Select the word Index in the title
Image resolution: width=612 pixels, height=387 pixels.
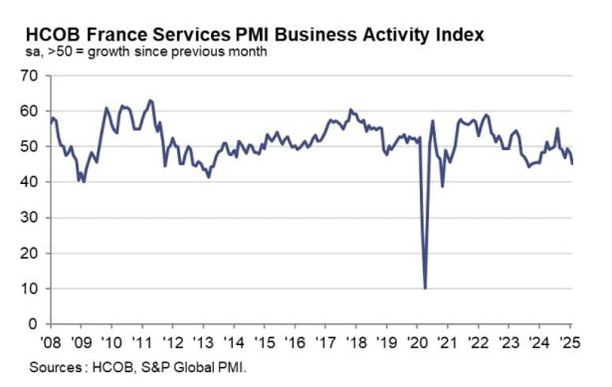pyautogui.click(x=459, y=36)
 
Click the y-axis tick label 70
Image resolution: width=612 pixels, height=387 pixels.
pyautogui.click(x=31, y=76)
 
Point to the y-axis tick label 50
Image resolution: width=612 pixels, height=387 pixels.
pyautogui.click(x=31, y=147)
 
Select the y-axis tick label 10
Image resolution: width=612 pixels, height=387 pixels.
pyautogui.click(x=31, y=289)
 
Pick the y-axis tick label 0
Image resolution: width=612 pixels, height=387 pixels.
pyautogui.click(x=35, y=325)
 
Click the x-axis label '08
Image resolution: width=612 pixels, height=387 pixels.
pyautogui.click(x=49, y=344)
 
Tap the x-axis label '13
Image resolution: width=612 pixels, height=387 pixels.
pyautogui.click(x=202, y=344)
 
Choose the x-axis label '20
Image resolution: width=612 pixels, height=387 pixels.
pyautogui.click(x=417, y=344)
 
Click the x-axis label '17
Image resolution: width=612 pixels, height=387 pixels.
pyautogui.click(x=325, y=344)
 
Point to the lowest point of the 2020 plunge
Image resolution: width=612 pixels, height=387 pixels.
pyautogui.click(x=426, y=288)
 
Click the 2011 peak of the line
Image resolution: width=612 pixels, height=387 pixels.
pyautogui.click(x=150, y=100)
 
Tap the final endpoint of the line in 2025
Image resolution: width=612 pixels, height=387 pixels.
pyautogui.click(x=573, y=163)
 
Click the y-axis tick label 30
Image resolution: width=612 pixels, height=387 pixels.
pyautogui.click(x=31, y=218)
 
